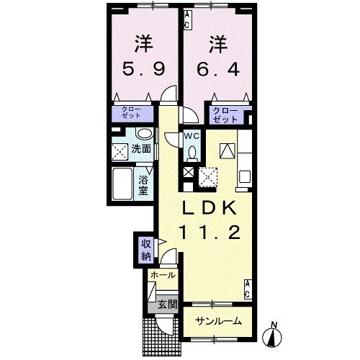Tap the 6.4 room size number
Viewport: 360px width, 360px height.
214,69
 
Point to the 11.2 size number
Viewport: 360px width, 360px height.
210,232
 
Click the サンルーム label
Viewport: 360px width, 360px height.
215,322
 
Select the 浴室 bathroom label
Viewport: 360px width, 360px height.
143,184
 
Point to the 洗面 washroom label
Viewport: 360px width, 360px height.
141,149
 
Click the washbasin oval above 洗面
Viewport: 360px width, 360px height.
143,134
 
